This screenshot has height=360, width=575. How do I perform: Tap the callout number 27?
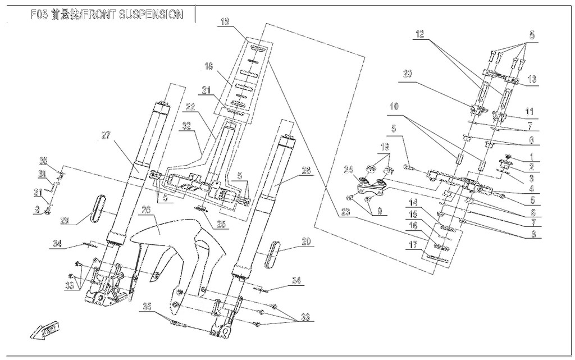108,135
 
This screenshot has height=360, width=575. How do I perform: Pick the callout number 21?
206,90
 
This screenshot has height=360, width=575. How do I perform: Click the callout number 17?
413,245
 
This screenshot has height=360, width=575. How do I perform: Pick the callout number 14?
413,202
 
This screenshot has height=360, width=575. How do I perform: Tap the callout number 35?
147,307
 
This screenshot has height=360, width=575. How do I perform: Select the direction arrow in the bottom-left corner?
45,331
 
